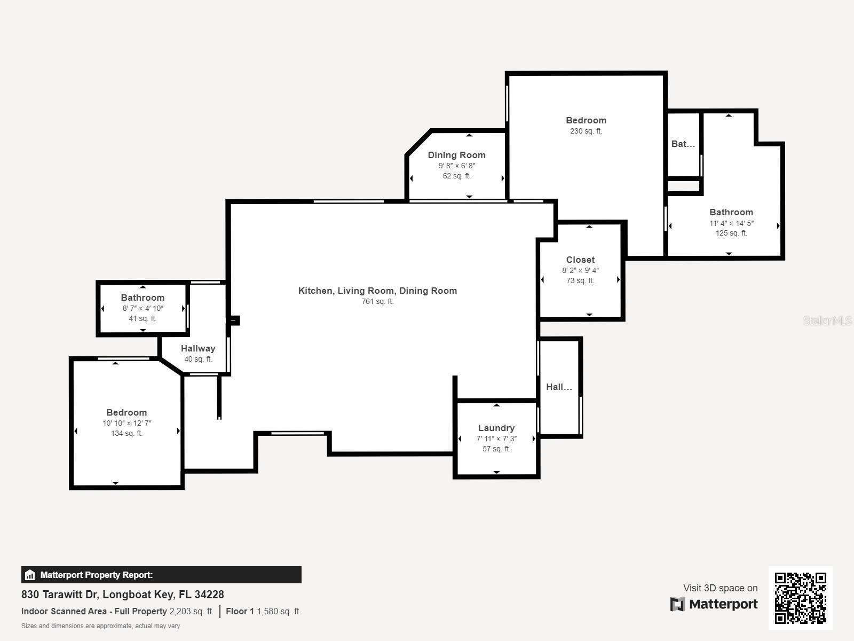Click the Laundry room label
(496, 428)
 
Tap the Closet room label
(580, 260)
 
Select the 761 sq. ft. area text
(377, 301)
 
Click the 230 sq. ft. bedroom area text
(586, 131)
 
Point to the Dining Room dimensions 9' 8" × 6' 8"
(457, 166)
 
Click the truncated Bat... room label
(683, 144)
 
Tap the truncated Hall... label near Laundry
(559, 387)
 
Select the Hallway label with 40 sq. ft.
(198, 348)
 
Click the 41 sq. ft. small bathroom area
(143, 318)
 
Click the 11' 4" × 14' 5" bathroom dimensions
(731, 223)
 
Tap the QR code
(800, 598)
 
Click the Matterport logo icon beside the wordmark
(677, 604)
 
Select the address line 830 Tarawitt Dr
(123, 594)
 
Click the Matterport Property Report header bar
(161, 575)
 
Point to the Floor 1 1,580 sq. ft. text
(263, 611)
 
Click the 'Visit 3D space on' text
(720, 588)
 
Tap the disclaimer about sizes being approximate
(100, 626)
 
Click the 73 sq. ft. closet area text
(580, 280)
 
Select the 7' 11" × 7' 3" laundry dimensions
(496, 439)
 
